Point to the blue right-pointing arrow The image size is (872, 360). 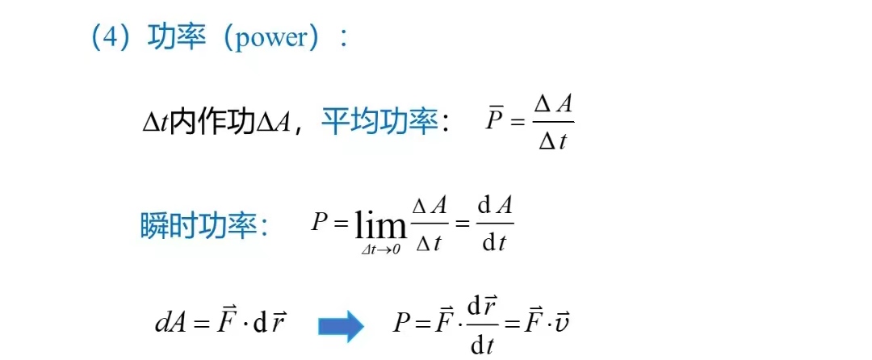pos(340,325)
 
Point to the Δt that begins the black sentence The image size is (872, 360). pos(155,123)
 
